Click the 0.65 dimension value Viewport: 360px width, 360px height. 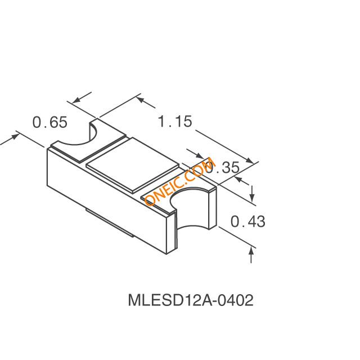49,122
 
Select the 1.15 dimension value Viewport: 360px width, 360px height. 175,121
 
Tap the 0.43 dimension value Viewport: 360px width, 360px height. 248,222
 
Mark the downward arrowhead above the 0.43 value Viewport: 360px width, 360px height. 252,198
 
